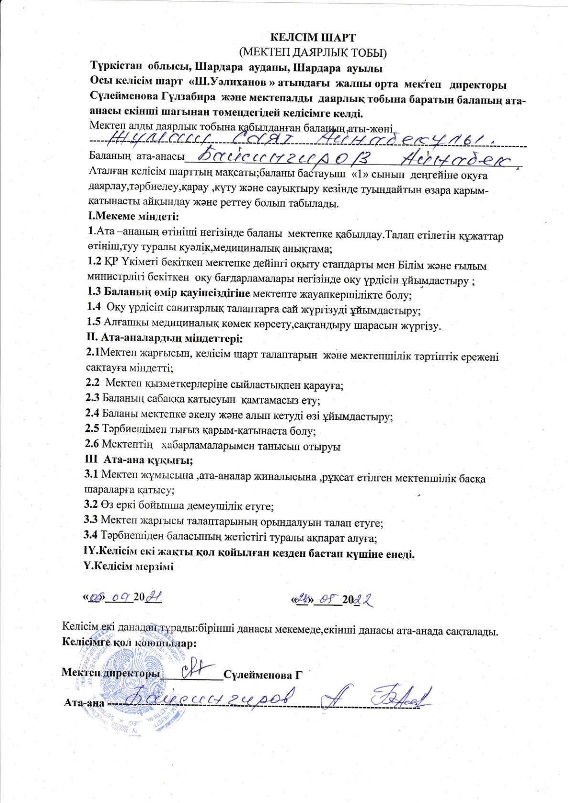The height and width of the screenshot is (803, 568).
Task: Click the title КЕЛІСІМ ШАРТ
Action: tap(313, 38)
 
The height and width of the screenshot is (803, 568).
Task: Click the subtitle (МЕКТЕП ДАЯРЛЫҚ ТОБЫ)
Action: tap(313, 52)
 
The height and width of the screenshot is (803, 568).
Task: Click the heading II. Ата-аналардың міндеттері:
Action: tap(164, 338)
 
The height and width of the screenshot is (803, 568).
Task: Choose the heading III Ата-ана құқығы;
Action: tap(139, 460)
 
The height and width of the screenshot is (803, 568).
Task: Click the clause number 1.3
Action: tap(94, 292)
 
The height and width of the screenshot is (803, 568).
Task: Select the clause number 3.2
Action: tap(91, 505)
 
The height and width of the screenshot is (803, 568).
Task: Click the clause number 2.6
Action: tap(92, 444)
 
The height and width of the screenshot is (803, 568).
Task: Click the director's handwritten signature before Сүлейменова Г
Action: tap(196, 667)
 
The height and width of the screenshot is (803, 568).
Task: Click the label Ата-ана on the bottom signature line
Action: tap(84, 703)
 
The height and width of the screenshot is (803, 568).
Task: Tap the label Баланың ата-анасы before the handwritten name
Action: tap(137, 156)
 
